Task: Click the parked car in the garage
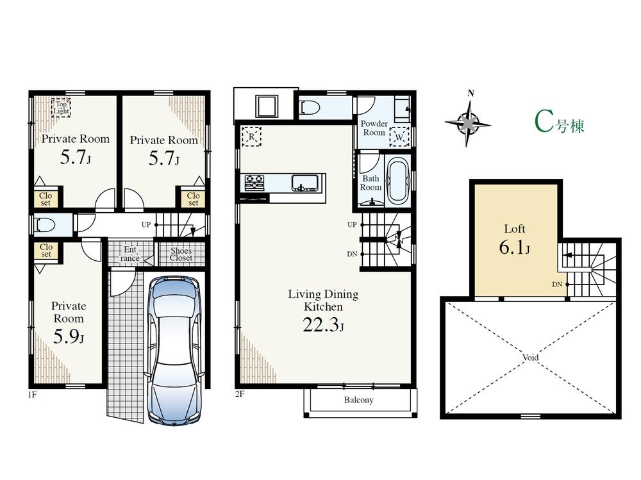point(175,349)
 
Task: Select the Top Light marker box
point(61,107)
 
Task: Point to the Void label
point(530,358)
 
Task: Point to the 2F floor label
point(240,394)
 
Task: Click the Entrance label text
point(130,254)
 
